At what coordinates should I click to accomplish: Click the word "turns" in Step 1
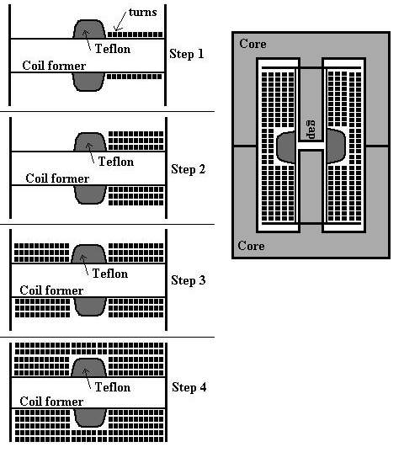click(x=143, y=13)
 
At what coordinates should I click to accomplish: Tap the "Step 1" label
click(x=187, y=54)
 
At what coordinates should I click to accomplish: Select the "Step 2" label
click(x=189, y=169)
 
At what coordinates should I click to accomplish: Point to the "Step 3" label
click(x=189, y=280)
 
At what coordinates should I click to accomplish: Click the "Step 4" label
click(x=189, y=387)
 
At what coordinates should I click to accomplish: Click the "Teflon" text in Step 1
click(x=113, y=49)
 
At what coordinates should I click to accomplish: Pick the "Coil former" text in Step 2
click(x=57, y=178)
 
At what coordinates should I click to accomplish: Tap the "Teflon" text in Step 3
click(x=110, y=274)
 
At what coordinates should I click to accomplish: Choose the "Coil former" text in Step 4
click(x=51, y=402)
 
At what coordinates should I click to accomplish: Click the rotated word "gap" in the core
click(x=311, y=130)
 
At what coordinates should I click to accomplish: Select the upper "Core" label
click(x=252, y=44)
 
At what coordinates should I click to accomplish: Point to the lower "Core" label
click(x=251, y=246)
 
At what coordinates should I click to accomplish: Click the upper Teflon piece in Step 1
click(x=89, y=29)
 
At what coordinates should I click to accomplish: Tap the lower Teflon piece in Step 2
click(x=90, y=195)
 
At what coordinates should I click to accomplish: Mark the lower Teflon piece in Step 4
click(x=89, y=418)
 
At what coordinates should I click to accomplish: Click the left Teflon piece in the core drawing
click(x=286, y=147)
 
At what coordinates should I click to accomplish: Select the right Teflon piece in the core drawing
click(x=336, y=146)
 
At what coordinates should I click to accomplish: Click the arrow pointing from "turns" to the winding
click(x=120, y=22)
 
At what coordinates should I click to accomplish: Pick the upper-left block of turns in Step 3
click(x=41, y=253)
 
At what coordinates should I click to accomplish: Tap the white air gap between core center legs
click(x=311, y=146)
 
